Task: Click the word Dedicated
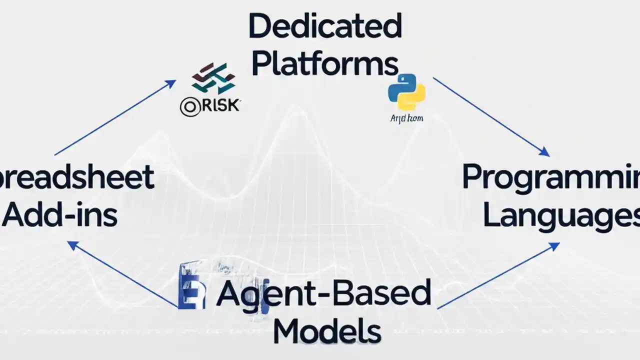tap(325, 26)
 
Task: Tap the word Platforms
tap(325, 64)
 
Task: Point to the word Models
tap(327, 330)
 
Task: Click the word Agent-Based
tap(324, 293)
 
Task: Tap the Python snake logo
tap(406, 91)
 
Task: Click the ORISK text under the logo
tap(210, 105)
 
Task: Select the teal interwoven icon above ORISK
tap(213, 78)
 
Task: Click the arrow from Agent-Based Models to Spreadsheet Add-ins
tap(123, 274)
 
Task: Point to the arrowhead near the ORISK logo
tap(171, 83)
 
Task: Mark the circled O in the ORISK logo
tap(189, 107)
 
